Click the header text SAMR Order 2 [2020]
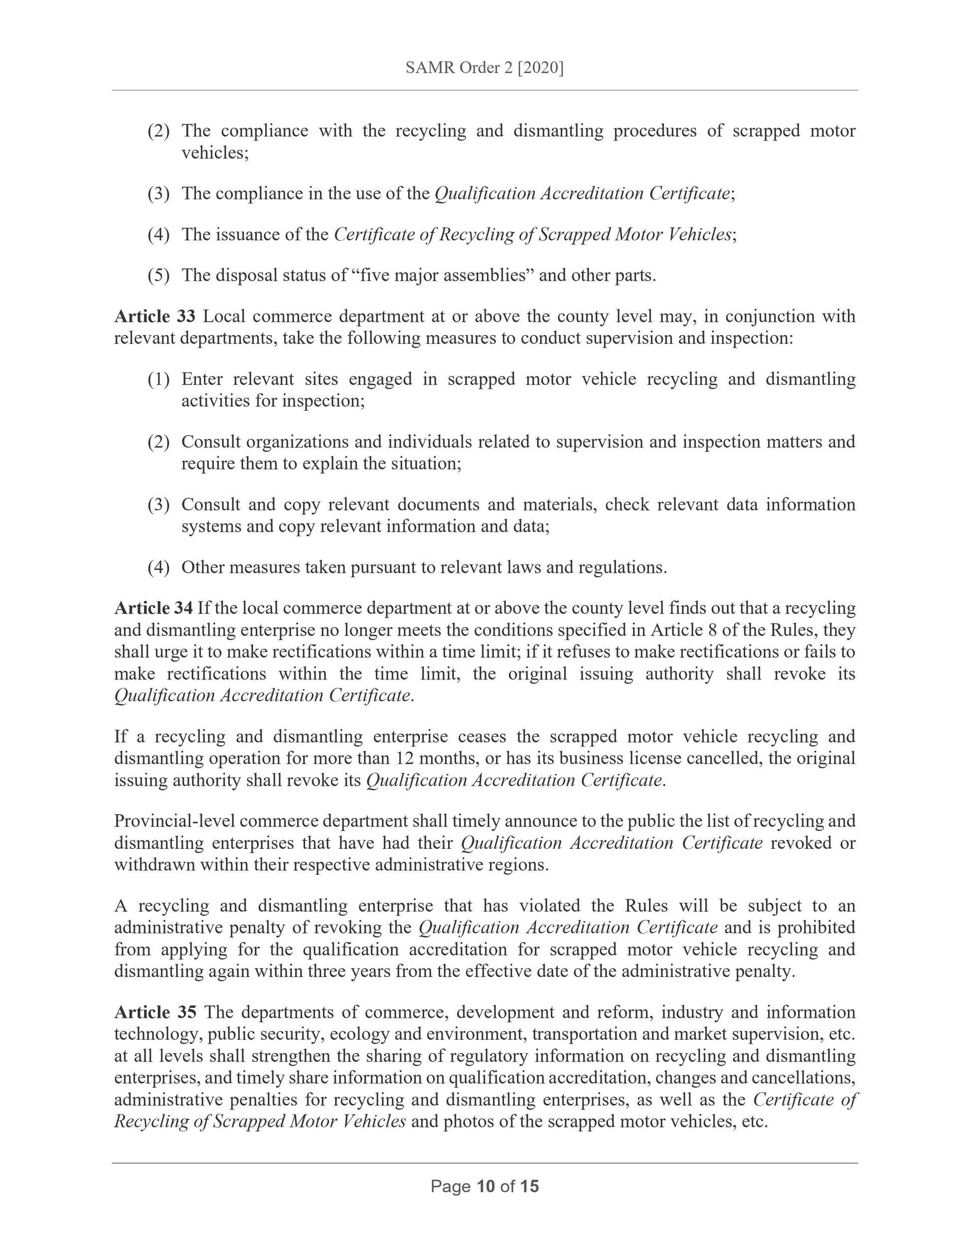coord(485,68)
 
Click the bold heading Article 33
coord(155,316)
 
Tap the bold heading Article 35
coord(155,1012)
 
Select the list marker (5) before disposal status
coord(159,275)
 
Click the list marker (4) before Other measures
coord(159,567)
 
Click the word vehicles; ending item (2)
coord(215,153)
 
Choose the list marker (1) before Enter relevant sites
coord(159,379)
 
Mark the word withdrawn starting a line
coord(155,864)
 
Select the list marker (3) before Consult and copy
coord(159,504)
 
